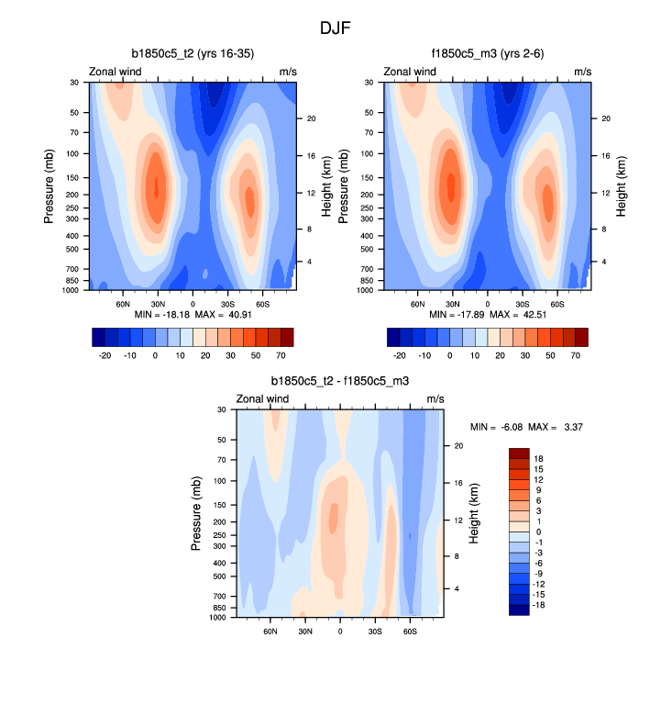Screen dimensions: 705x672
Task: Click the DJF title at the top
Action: tap(336, 28)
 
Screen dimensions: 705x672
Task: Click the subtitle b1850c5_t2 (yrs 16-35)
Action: tap(193, 53)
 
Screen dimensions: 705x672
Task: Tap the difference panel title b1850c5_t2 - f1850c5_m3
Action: tap(340, 380)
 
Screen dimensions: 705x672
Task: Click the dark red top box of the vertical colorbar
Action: tap(520, 453)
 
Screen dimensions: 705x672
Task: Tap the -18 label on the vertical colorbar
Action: tap(541, 606)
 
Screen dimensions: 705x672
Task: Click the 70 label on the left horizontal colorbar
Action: tap(281, 353)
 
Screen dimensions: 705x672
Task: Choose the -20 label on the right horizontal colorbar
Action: tap(400, 353)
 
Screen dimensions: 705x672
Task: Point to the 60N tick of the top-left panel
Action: tap(124, 302)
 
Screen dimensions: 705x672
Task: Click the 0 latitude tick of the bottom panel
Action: tap(340, 631)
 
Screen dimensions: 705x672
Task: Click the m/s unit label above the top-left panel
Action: tap(288, 72)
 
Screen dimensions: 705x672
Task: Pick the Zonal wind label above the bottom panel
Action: tap(263, 398)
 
